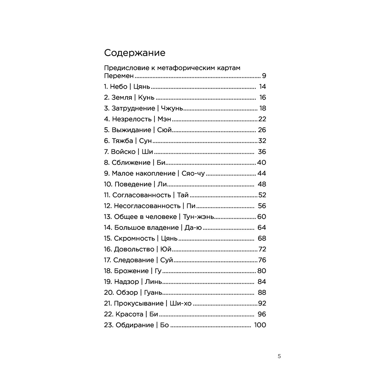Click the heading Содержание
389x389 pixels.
click(x=135, y=53)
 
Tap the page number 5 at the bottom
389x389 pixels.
click(x=279, y=356)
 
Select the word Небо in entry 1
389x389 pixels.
click(x=119, y=87)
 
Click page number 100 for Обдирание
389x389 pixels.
click(x=259, y=325)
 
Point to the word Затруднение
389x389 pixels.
click(x=132, y=109)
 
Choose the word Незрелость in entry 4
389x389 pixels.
click(x=131, y=119)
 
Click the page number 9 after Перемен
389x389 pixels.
click(x=264, y=76)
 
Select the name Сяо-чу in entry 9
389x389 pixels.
click(x=193, y=173)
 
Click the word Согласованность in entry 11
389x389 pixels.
click(x=142, y=195)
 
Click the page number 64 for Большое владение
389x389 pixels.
click(x=261, y=228)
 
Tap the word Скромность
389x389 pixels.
click(x=135, y=238)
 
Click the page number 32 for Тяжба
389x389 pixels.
click(x=261, y=141)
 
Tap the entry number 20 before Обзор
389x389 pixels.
click(x=109, y=293)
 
